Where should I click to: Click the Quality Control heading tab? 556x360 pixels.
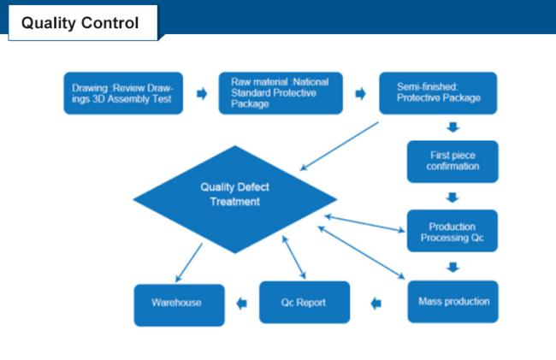click(x=80, y=23)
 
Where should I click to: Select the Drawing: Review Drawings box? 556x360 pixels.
click(x=123, y=93)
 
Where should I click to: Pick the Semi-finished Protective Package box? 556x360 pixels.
click(x=438, y=93)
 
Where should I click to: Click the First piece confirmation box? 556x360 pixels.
click(x=452, y=161)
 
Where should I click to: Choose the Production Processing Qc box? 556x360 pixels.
click(x=452, y=232)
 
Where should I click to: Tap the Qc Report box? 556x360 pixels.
click(x=304, y=303)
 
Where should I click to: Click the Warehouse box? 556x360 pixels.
click(x=178, y=303)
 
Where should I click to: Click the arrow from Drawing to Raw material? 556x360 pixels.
click(x=202, y=94)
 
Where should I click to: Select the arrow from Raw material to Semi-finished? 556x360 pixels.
click(x=361, y=93)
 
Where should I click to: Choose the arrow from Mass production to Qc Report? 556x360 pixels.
click(x=377, y=303)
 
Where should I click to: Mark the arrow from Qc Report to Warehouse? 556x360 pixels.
click(x=242, y=303)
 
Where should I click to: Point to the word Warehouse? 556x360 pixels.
click(x=177, y=303)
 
